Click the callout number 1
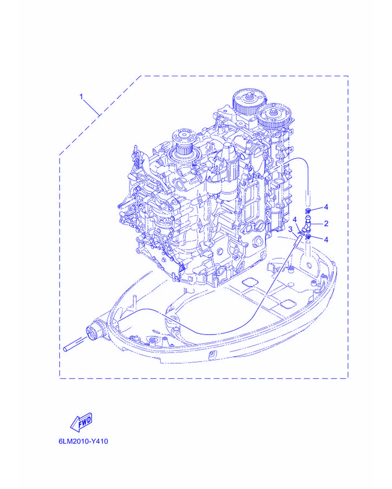click(x=81, y=96)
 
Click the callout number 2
click(x=326, y=223)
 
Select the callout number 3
click(x=290, y=229)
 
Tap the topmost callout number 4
click(x=326, y=207)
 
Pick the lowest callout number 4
click(x=326, y=240)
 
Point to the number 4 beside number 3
click(x=295, y=220)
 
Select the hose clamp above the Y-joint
click(x=308, y=210)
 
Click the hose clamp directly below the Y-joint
click(x=308, y=237)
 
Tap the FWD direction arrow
click(x=82, y=422)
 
